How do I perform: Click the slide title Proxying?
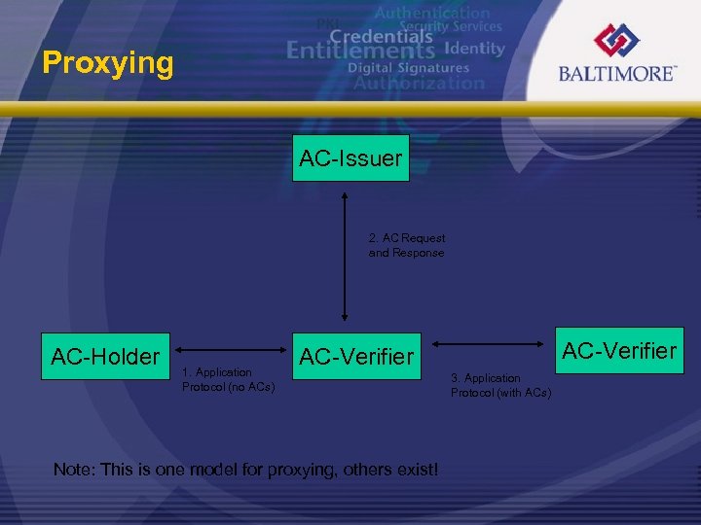click(108, 64)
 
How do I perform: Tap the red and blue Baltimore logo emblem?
click(617, 41)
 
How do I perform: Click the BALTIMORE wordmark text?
click(617, 74)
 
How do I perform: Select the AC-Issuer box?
click(350, 158)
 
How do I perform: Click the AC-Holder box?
click(104, 357)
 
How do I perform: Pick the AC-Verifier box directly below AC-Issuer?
click(356, 357)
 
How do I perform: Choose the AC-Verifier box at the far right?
click(619, 350)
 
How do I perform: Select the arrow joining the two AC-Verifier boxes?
click(487, 343)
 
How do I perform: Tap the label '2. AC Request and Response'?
click(406, 245)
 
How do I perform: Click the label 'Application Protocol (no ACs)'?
click(228, 380)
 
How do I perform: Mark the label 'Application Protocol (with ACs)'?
click(500, 385)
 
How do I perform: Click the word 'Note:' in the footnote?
click(75, 470)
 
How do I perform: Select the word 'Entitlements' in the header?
click(361, 50)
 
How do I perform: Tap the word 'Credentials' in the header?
click(380, 34)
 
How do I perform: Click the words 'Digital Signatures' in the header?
click(408, 68)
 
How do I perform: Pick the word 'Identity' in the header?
click(474, 48)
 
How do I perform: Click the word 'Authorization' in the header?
click(418, 84)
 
